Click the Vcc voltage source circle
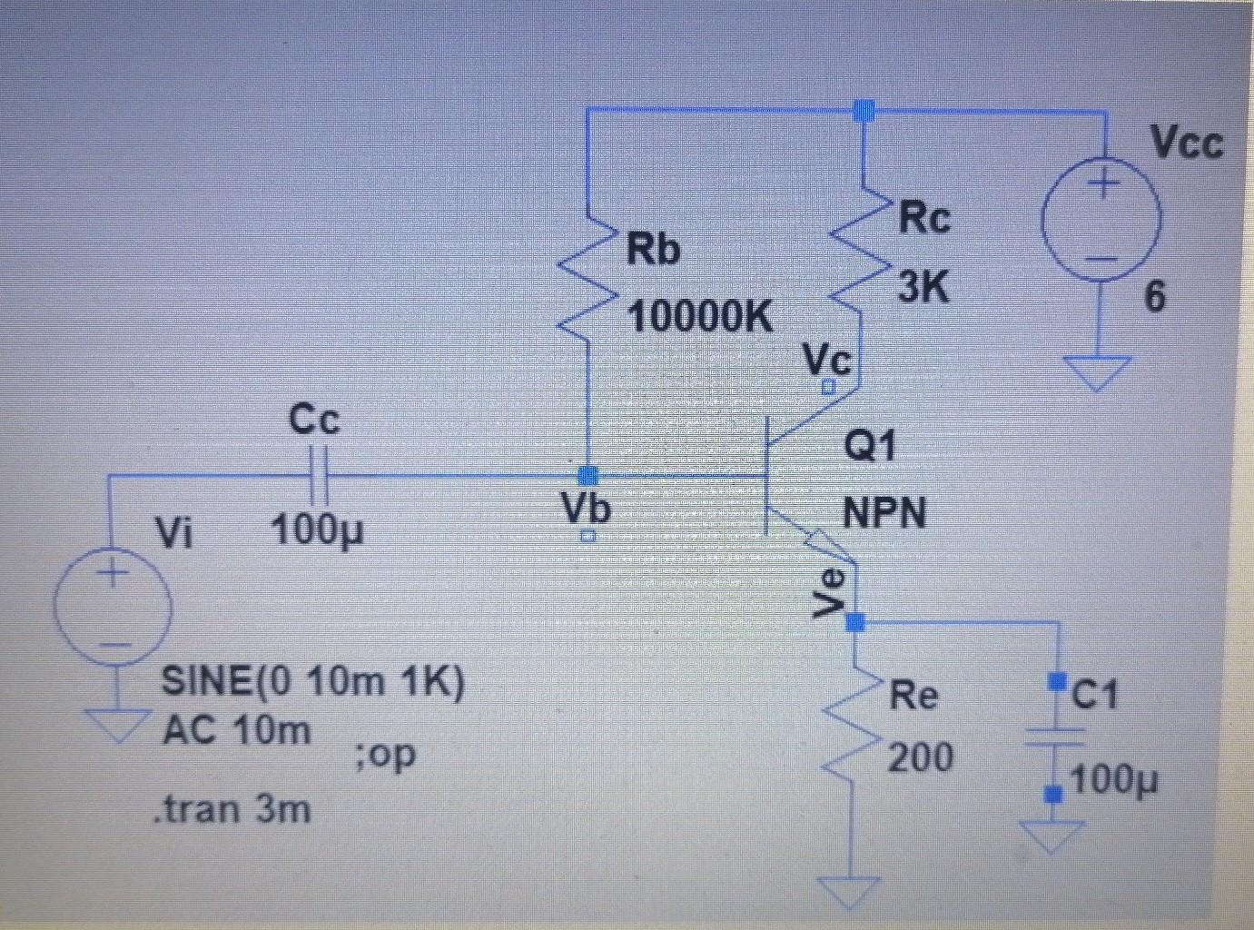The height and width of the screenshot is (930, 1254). tap(1101, 221)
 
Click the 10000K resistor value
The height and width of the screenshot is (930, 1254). tap(700, 316)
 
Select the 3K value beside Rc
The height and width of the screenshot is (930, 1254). tap(923, 288)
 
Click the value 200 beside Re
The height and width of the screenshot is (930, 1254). tap(920, 757)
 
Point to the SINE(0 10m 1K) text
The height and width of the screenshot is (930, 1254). tap(312, 680)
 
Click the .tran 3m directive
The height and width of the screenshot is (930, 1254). tap(232, 807)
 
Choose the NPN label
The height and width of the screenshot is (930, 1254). tap(884, 513)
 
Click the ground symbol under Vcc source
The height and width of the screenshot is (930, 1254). tap(1098, 371)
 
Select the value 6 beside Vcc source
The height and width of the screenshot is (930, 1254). tap(1153, 296)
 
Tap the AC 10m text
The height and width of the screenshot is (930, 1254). tap(236, 729)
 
